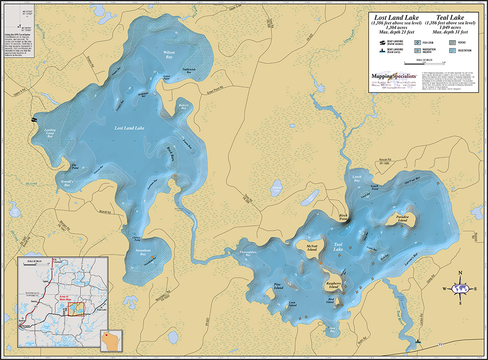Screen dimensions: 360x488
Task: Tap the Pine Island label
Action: (278, 286)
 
